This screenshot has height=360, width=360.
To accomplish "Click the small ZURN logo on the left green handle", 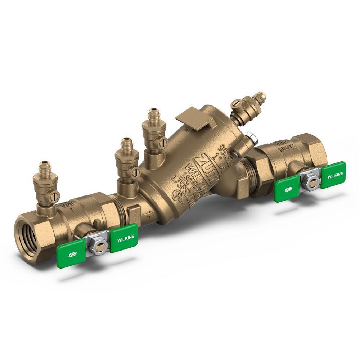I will (72, 255).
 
